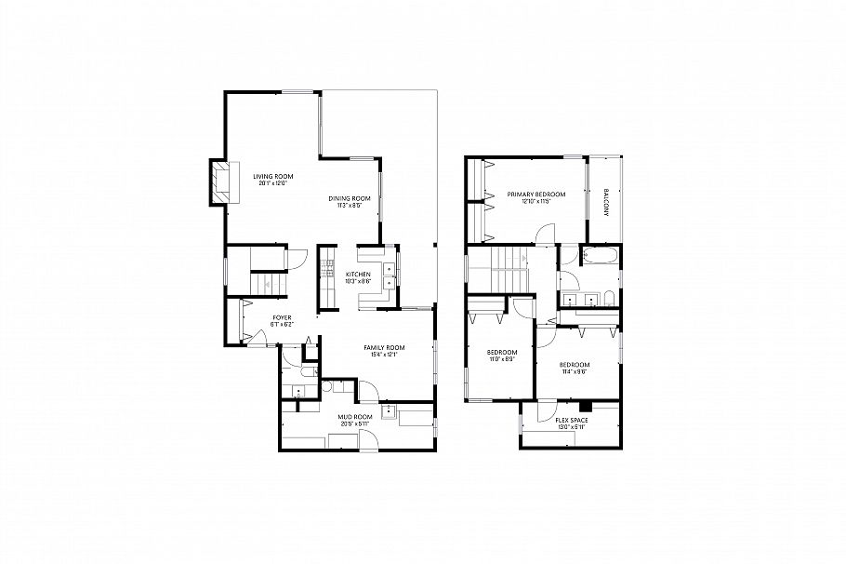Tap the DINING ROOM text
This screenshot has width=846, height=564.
(x=350, y=198)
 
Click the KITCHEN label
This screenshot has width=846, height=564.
(x=358, y=275)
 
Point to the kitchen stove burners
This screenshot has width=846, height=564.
(x=327, y=269)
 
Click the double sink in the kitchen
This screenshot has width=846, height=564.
(x=390, y=273)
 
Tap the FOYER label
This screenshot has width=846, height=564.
(x=282, y=317)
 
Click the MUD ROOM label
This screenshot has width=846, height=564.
(x=355, y=416)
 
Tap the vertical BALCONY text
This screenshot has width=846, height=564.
(x=605, y=202)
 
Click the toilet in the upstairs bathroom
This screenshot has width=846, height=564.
(x=605, y=298)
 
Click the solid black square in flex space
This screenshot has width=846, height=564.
(x=585, y=406)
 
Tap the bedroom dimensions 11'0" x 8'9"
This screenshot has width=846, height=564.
(x=500, y=358)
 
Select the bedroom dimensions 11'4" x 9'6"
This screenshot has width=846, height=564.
(x=574, y=371)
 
